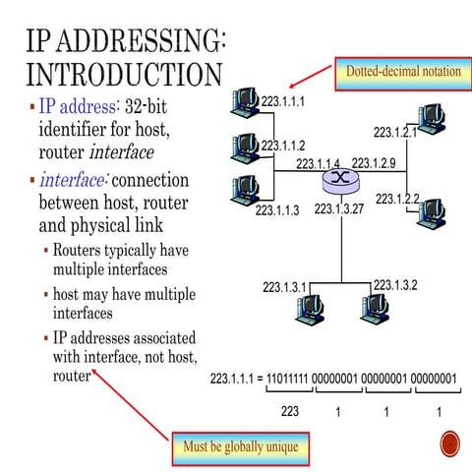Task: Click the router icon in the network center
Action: point(340,181)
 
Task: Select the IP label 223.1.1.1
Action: point(283,101)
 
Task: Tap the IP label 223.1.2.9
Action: point(374,163)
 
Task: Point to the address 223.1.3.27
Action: point(339,208)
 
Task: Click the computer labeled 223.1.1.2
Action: point(244,146)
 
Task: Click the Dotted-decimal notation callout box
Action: point(399,72)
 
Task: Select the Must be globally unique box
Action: point(240,447)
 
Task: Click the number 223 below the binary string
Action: point(290,412)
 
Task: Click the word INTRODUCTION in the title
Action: point(123,74)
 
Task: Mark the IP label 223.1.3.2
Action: point(395,285)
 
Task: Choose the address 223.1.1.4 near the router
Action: point(318,164)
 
